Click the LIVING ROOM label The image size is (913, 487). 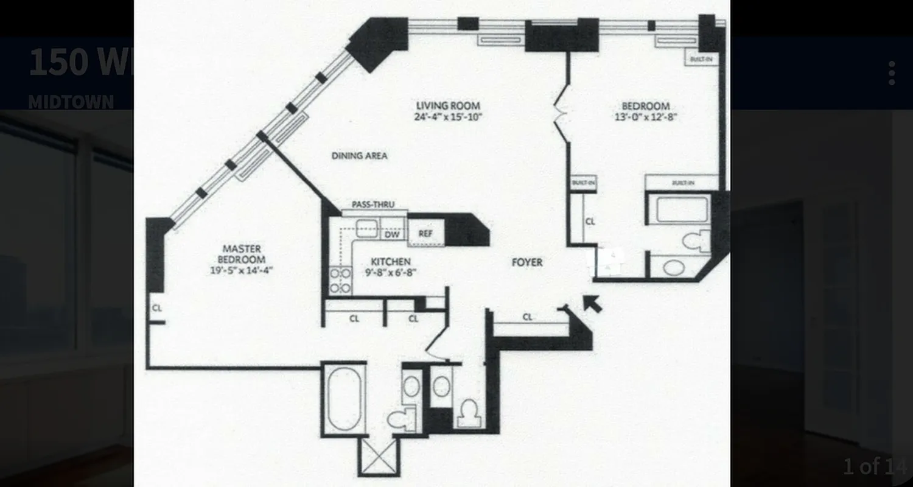449,105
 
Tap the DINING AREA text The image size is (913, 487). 359,156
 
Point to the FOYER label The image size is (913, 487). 527,262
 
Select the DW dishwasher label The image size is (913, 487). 392,234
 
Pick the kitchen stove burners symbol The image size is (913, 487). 340,281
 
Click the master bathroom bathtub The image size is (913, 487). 345,399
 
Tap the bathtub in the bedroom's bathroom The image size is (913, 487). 682,209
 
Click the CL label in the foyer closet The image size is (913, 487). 527,317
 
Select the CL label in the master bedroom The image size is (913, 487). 157,308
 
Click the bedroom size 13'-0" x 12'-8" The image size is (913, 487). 645,117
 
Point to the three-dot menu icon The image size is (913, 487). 891,73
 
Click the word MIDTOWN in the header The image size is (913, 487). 71,102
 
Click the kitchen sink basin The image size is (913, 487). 367,229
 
